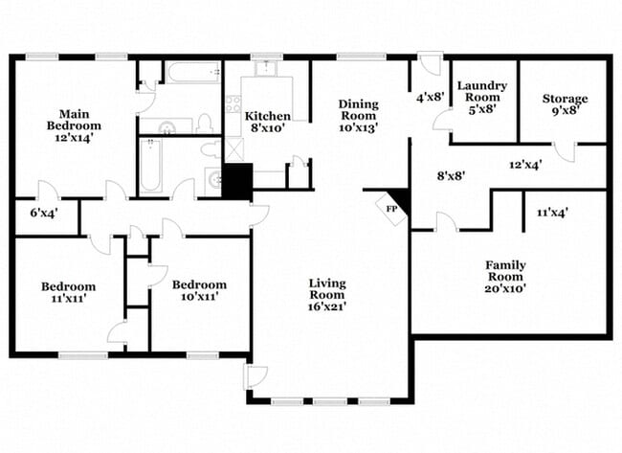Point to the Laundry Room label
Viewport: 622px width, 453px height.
tap(481, 97)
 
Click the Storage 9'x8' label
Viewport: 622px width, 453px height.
tap(565, 104)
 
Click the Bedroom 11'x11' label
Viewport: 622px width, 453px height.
tap(68, 292)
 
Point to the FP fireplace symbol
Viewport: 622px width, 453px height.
tap(392, 207)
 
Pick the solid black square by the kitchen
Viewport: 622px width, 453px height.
tap(236, 181)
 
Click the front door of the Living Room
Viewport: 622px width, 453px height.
tap(255, 376)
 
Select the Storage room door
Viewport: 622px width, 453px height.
tap(565, 151)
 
